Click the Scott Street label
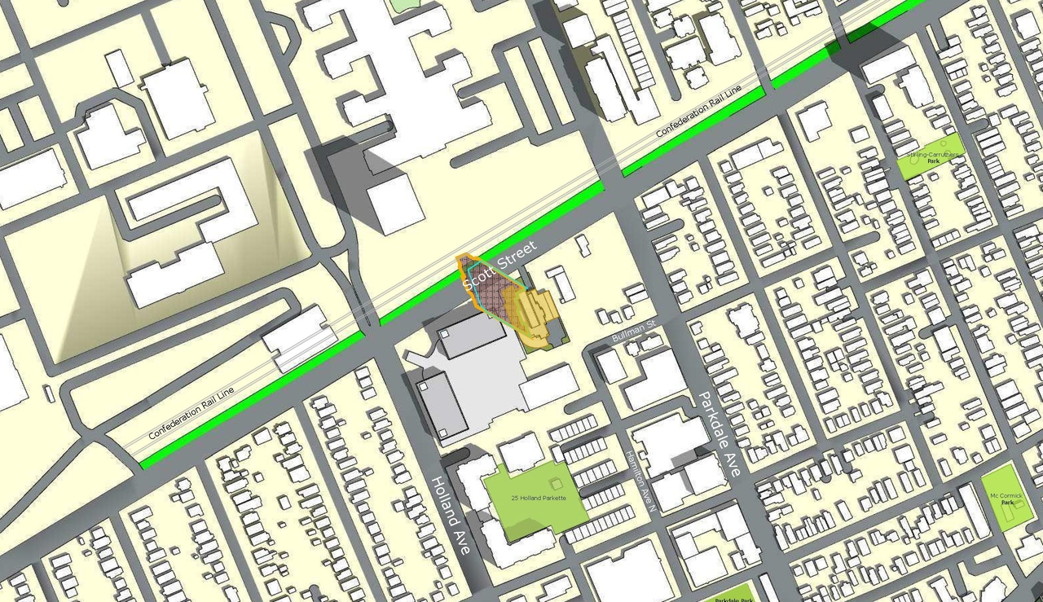tap(500, 266)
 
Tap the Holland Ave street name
tap(451, 515)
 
